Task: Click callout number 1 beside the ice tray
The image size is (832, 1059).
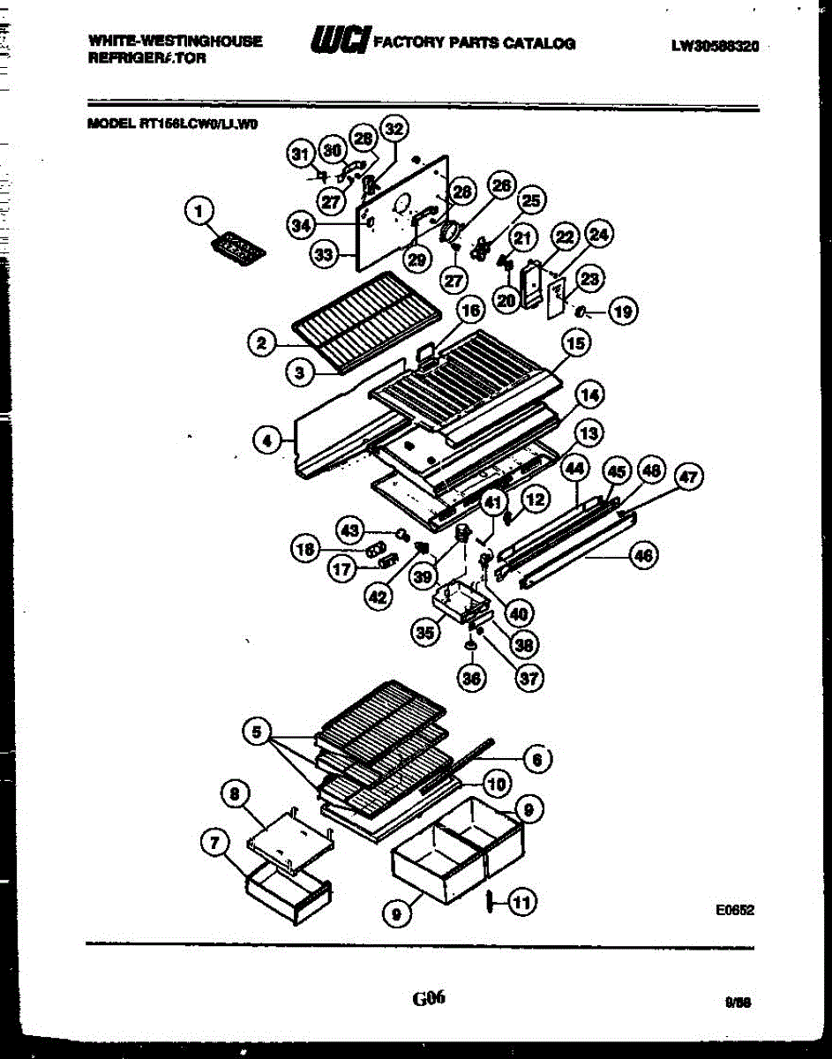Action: (199, 211)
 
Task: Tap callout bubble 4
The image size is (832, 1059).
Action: (266, 439)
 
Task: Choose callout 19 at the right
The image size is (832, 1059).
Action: (624, 311)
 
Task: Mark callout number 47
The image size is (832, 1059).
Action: (688, 478)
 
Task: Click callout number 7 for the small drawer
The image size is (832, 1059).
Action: (213, 844)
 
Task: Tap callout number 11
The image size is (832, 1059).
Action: (521, 902)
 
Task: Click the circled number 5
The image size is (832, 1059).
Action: (256, 732)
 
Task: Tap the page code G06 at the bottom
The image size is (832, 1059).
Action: (428, 998)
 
